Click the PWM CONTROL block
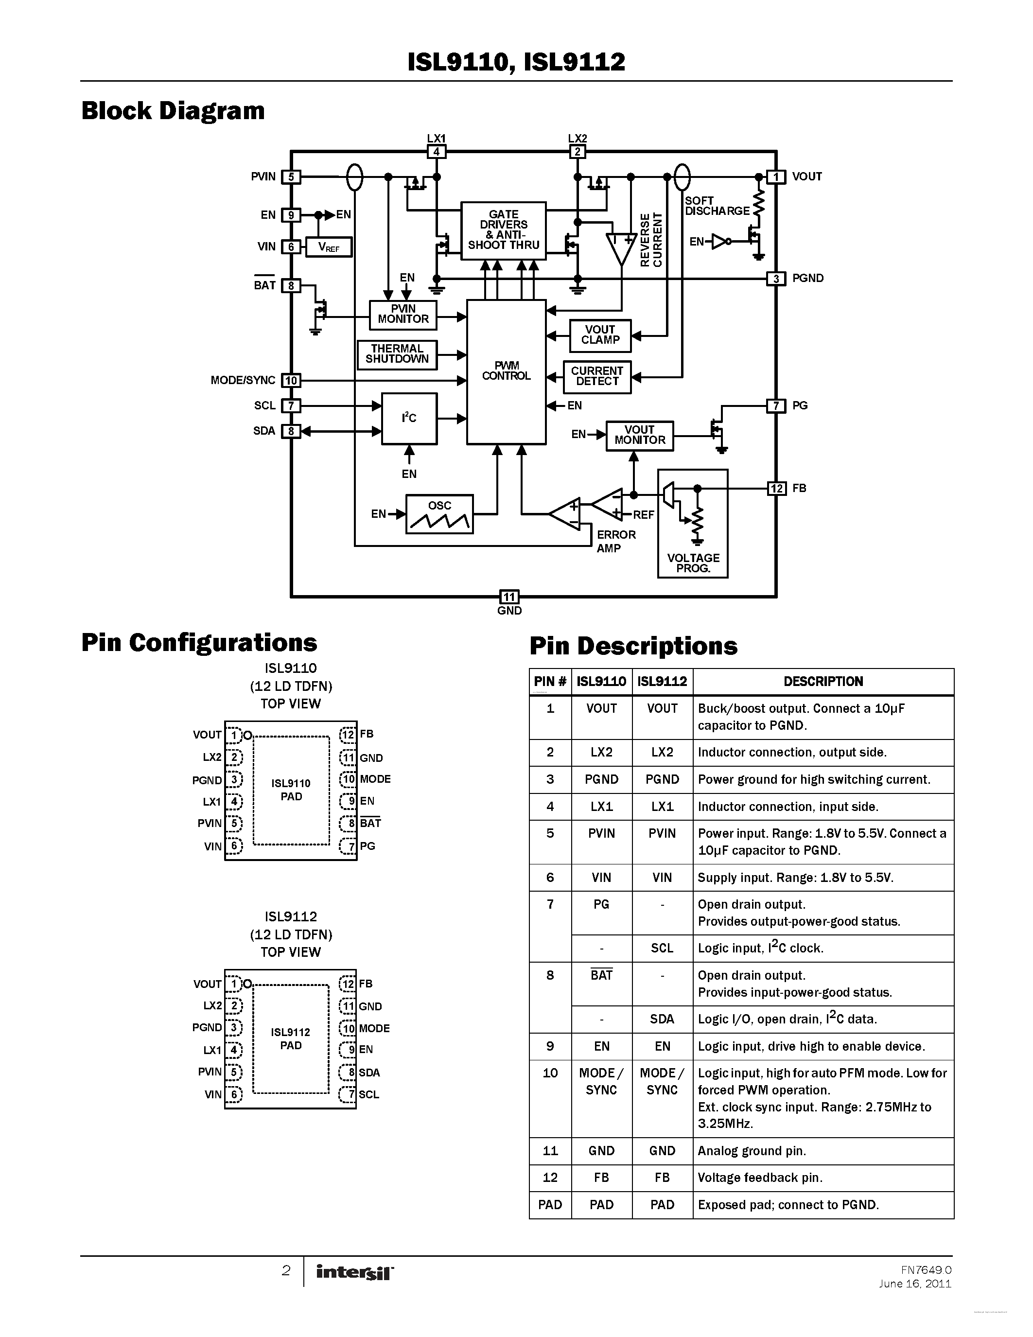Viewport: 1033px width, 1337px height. pos(506,371)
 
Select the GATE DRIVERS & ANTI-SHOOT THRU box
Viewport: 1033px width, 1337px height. pos(503,230)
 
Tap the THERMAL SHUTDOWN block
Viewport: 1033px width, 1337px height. pos(397,354)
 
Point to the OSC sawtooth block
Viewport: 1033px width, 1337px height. pos(439,514)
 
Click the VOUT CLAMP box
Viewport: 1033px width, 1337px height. pos(600,335)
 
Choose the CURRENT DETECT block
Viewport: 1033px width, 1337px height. pos(596,376)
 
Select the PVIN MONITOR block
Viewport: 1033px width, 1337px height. pos(403,315)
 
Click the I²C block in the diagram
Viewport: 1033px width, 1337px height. pos(409,418)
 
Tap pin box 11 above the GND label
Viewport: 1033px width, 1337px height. pos(509,597)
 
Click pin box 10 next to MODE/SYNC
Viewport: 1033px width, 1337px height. pos(291,380)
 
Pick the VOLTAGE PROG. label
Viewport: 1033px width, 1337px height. pos(693,563)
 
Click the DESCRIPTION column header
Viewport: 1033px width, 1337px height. pos(823,681)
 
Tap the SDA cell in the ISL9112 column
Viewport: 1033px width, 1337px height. pos(662,1019)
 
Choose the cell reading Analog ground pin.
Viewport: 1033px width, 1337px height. pos(752,1151)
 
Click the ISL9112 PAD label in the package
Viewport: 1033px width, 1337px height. pos(291,1039)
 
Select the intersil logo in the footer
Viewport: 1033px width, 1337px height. pos(354,1273)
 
